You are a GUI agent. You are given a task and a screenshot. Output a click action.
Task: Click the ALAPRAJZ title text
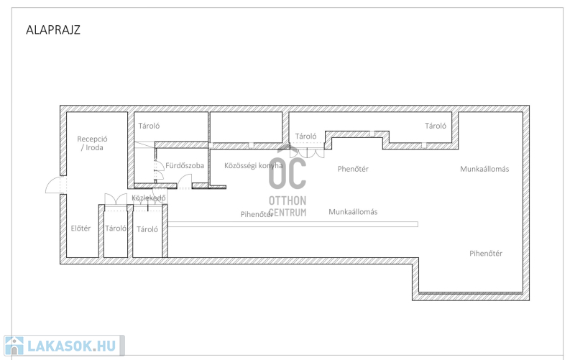tap(53, 29)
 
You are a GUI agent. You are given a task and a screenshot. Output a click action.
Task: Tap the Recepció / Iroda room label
tap(93, 143)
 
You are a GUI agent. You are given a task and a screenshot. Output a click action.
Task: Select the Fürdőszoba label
tap(185, 165)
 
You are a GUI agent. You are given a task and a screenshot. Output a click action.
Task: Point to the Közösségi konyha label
tap(254, 166)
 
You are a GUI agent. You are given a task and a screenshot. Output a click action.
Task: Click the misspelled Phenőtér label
tap(353, 169)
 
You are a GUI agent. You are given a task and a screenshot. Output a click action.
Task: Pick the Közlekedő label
tap(149, 198)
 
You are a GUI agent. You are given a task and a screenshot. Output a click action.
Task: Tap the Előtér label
tap(80, 228)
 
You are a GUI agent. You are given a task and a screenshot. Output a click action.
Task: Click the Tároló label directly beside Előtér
tap(116, 228)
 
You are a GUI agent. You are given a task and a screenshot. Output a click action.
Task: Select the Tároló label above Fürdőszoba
tap(149, 126)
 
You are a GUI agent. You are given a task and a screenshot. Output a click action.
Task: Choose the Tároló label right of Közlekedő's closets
tap(147, 229)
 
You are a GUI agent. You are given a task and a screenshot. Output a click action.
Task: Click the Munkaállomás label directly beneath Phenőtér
tap(353, 211)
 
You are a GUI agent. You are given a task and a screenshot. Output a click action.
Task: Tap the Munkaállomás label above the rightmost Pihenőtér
tap(484, 169)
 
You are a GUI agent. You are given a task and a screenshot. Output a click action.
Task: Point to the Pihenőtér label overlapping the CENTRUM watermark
tap(257, 214)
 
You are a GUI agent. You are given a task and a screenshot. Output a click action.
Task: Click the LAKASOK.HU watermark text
tap(71, 346)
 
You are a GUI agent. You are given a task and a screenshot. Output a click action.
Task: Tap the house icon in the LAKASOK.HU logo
tap(14, 346)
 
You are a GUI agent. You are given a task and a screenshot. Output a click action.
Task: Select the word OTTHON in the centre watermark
tap(287, 200)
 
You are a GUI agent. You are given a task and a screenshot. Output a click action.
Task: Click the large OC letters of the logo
tap(287, 172)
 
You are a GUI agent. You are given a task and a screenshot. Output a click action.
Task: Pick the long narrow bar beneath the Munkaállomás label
tap(293, 224)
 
